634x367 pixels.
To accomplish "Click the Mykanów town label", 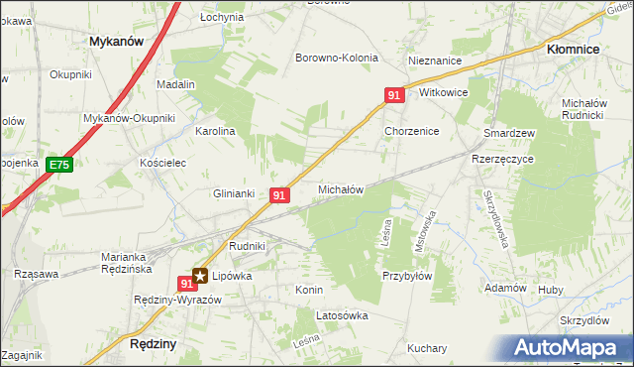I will pyautogui.click(x=116, y=42).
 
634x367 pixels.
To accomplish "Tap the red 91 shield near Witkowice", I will pyautogui.click(x=394, y=95).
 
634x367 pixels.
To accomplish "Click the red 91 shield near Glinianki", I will pyautogui.click(x=279, y=196).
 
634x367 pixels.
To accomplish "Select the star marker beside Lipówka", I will pyautogui.click(x=201, y=277).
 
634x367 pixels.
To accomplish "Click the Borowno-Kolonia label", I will pyautogui.click(x=337, y=58).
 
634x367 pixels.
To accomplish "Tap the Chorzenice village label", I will pyautogui.click(x=412, y=131).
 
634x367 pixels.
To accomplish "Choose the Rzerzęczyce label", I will pyautogui.click(x=502, y=159).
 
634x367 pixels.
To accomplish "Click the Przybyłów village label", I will pyautogui.click(x=406, y=277).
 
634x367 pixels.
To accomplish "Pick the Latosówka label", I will pyautogui.click(x=342, y=316).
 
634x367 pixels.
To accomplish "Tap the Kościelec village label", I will pyautogui.click(x=163, y=163).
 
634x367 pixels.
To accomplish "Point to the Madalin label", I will pyautogui.click(x=175, y=85).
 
